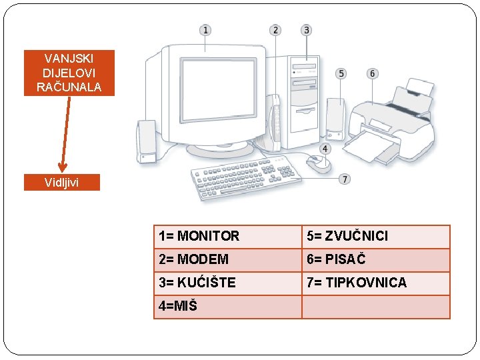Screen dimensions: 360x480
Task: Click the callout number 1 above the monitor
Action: pyautogui.click(x=205, y=30)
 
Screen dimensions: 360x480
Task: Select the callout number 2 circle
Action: pyautogui.click(x=275, y=30)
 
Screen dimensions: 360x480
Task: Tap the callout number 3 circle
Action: pyautogui.click(x=306, y=30)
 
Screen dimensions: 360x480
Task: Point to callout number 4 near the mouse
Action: pyautogui.click(x=325, y=149)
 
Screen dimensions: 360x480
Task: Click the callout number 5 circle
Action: pyautogui.click(x=341, y=73)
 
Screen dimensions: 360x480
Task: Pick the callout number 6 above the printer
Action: pyautogui.click(x=371, y=73)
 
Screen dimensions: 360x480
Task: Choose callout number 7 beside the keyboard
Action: pyautogui.click(x=344, y=179)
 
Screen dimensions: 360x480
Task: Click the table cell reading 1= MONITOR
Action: pyautogui.click(x=227, y=236)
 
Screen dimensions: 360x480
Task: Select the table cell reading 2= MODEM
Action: pyautogui.click(x=227, y=259)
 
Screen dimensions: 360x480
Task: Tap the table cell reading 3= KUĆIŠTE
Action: pyautogui.click(x=227, y=283)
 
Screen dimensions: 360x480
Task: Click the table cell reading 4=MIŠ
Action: pyautogui.click(x=227, y=306)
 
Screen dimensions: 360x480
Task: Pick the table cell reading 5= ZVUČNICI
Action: pyautogui.click(x=375, y=236)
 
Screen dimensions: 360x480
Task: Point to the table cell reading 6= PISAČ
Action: pyautogui.click(x=375, y=259)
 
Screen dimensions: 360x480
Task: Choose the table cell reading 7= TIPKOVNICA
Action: pyautogui.click(x=375, y=283)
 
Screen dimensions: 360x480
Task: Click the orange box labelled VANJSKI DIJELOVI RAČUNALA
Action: pyautogui.click(x=69, y=73)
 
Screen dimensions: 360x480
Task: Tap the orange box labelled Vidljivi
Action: pyautogui.click(x=62, y=182)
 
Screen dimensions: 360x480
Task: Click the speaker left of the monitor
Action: pyautogui.click(x=146, y=141)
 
